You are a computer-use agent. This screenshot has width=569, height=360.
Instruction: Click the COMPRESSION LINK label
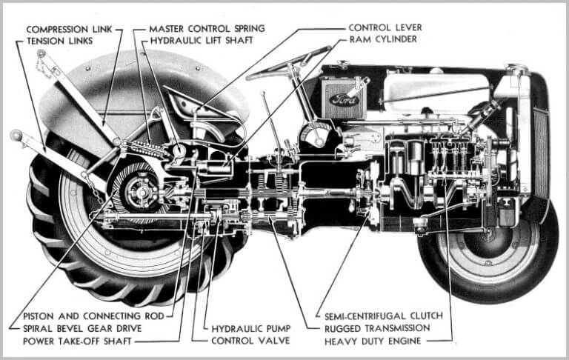coord(69,29)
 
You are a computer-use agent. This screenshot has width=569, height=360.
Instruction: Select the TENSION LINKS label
coord(59,41)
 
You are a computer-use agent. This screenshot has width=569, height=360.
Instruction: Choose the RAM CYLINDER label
coord(382,39)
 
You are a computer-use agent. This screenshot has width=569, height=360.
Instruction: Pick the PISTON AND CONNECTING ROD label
coord(92,315)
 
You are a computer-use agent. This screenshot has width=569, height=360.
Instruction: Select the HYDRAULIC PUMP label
coord(249,327)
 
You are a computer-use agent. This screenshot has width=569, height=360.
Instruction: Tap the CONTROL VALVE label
coord(248,341)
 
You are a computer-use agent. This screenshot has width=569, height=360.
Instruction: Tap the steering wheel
coord(289,64)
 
